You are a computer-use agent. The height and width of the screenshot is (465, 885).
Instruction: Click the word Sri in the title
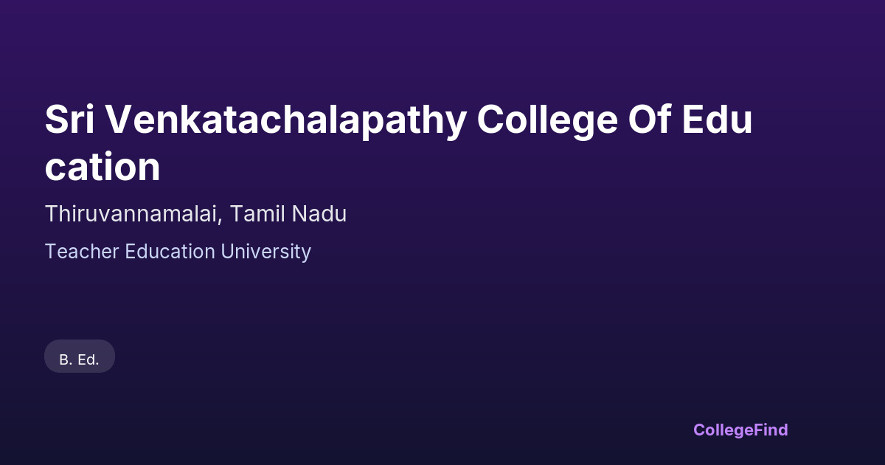click(x=69, y=120)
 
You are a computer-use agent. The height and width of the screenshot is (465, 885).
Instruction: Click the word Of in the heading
click(x=649, y=119)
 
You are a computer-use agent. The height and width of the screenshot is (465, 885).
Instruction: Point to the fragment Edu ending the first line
click(x=717, y=120)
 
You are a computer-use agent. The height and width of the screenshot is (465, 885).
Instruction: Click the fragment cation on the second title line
click(x=103, y=167)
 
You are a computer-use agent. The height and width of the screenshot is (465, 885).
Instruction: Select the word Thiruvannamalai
click(x=131, y=214)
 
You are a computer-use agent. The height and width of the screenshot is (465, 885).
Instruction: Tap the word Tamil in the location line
click(x=257, y=214)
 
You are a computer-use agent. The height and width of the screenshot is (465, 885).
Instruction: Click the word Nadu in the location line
click(x=319, y=214)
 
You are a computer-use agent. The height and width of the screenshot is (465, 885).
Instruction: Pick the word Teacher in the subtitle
click(x=82, y=252)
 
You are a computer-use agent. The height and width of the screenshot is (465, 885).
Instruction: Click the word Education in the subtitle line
click(x=170, y=252)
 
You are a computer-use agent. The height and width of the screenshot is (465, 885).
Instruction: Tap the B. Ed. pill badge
click(x=80, y=356)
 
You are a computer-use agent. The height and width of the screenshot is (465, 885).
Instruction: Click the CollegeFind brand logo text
click(x=740, y=430)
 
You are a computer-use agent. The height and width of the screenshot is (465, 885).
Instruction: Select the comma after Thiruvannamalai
click(x=219, y=221)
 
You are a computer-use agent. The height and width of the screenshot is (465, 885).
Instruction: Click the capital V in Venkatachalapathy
click(x=118, y=120)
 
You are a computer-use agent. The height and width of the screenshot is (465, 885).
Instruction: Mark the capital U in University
click(x=227, y=252)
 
